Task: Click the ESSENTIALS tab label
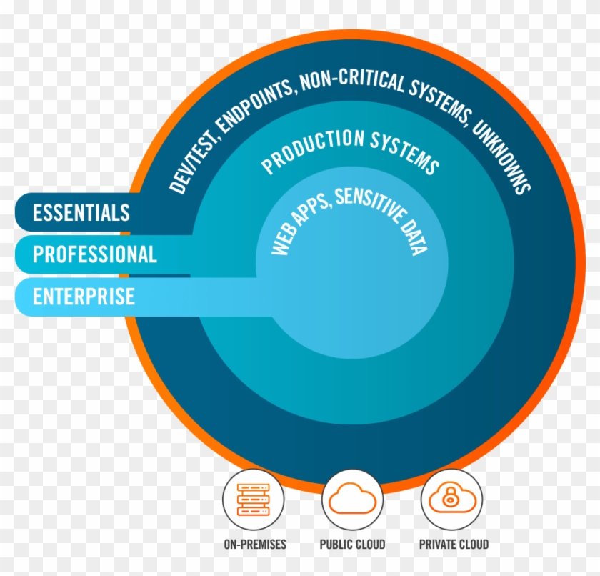coord(81,212)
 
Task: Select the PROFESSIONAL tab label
coord(95,254)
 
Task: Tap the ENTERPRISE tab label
coord(84,297)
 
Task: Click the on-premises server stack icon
coord(254,500)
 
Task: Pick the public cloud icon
coord(352,498)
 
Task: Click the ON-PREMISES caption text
coord(255,545)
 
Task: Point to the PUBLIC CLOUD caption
coord(352,545)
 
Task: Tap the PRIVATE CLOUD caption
coord(454,545)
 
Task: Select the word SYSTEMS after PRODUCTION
coord(405,152)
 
